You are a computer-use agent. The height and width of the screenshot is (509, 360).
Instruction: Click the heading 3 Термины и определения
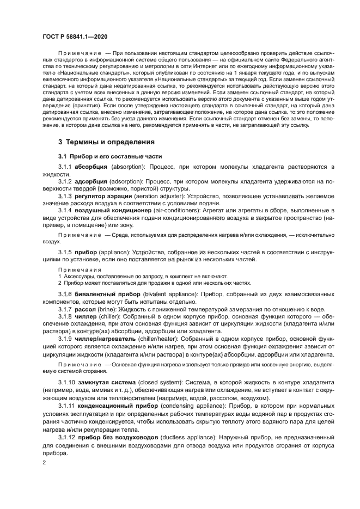pyautogui.click(x=107, y=142)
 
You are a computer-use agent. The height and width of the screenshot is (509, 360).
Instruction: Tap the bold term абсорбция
pyautogui.click(x=91, y=165)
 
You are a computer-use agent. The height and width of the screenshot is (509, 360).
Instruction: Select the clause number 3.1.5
pyautogui.click(x=65, y=253)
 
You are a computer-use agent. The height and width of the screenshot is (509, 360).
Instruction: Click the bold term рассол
pyautogui.click(x=86, y=308)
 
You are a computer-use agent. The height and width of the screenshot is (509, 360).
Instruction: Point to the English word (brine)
pyautogui.click(x=107, y=308)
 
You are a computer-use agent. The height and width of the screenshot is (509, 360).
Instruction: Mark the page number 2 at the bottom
pyautogui.click(x=45, y=462)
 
